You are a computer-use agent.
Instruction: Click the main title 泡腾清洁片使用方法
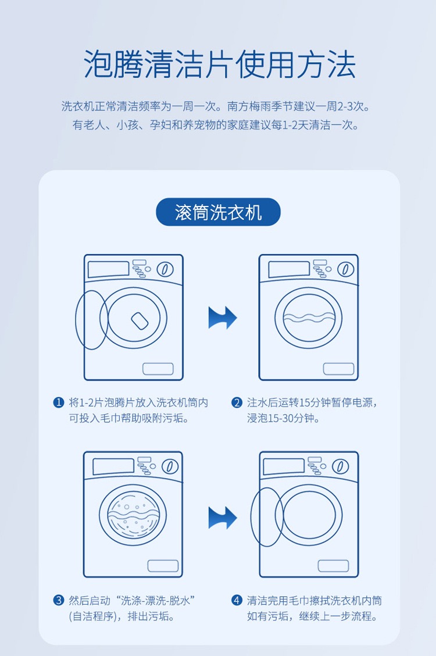(x=219, y=65)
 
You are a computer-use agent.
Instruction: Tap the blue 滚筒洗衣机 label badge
(x=218, y=212)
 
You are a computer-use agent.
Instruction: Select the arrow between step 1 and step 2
(x=223, y=318)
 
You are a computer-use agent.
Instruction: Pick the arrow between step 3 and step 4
(x=223, y=517)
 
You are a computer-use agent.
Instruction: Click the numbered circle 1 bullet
(x=58, y=402)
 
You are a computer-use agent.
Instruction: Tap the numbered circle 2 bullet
(x=237, y=402)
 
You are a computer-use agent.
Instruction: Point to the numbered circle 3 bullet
(x=58, y=600)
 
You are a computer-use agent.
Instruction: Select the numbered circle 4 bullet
(x=237, y=600)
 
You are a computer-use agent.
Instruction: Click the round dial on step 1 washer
(x=166, y=269)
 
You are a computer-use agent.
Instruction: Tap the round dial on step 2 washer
(x=345, y=269)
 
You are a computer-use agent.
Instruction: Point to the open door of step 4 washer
(x=266, y=516)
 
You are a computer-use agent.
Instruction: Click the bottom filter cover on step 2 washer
(x=338, y=369)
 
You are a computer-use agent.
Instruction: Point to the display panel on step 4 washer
(x=284, y=466)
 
